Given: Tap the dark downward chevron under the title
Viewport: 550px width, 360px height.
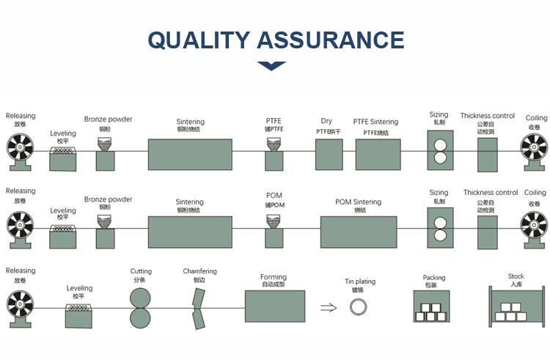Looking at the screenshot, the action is point(271,66).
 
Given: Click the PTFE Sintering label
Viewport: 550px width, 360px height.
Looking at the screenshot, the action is point(375,122).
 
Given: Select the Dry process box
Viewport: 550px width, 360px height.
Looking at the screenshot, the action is point(329,153).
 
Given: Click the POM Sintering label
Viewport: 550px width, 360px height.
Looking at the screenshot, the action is point(358,202).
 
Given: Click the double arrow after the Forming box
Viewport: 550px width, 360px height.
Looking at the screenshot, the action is point(329,308).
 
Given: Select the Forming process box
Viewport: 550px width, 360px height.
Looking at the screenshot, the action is point(274,306).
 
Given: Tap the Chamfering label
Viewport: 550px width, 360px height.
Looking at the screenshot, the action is point(200,271).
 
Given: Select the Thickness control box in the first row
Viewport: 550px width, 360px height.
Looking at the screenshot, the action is point(487,154).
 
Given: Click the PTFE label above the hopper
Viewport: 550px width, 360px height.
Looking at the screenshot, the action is point(274,121).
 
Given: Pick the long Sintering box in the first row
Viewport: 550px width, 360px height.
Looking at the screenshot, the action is point(190,154).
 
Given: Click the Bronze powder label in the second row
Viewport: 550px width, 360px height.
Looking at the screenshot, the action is point(108,199).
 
